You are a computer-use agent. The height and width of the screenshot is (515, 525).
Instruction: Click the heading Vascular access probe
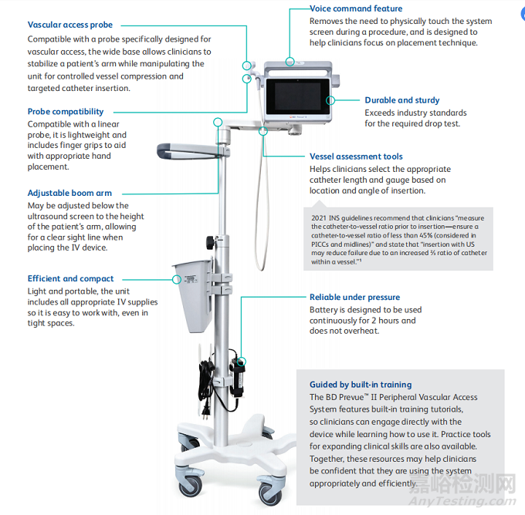[x=69, y=25]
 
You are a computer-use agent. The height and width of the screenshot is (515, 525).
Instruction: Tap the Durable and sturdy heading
[x=401, y=100]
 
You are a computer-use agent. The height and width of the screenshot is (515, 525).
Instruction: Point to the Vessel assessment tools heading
[x=356, y=157]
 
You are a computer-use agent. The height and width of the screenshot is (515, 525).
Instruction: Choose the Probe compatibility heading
[x=66, y=112]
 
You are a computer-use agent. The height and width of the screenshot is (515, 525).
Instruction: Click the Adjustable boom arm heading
[x=69, y=194]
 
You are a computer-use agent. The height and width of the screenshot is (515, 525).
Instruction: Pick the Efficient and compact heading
[x=70, y=279]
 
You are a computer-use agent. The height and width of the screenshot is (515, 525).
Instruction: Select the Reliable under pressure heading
[x=354, y=298]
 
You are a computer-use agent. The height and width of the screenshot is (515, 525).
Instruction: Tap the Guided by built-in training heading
[x=360, y=385]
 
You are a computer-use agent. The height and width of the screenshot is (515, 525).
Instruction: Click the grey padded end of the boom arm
[x=168, y=150]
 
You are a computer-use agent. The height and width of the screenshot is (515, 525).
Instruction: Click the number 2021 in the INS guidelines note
[x=320, y=218]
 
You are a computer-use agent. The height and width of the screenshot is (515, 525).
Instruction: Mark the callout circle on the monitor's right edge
[x=331, y=99]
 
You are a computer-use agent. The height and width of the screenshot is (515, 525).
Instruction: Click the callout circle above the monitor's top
[x=290, y=60]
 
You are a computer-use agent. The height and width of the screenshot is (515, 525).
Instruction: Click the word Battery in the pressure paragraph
[x=324, y=310]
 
